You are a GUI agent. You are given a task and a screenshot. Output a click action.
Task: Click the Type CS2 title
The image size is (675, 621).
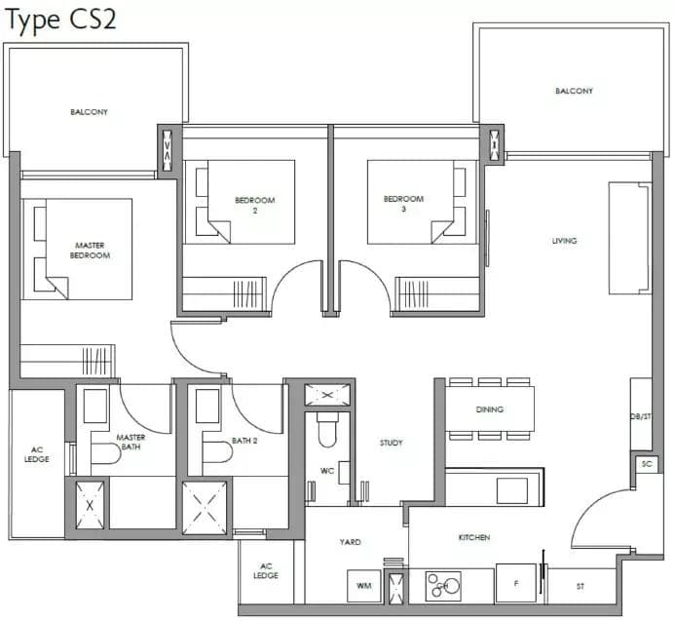[x=60, y=20]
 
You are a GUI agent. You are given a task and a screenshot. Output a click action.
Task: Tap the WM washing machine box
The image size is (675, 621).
[x=364, y=586]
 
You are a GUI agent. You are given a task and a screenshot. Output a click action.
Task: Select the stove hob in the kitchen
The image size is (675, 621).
[x=443, y=586]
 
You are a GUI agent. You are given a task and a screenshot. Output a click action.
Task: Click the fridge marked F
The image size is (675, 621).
[x=516, y=583]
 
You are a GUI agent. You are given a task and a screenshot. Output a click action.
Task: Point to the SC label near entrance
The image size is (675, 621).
[x=647, y=464]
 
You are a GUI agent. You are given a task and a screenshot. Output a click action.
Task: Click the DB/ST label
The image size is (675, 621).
[x=641, y=416]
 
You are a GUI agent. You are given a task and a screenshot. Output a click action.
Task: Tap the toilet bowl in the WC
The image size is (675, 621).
[x=327, y=430]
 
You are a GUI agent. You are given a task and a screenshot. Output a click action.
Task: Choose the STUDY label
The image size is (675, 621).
[x=391, y=443]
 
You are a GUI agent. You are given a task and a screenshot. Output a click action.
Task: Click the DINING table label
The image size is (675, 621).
[x=490, y=409]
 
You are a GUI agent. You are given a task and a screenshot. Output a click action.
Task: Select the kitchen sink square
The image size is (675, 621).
[x=511, y=490]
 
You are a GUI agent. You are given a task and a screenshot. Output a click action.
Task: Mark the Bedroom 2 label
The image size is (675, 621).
[x=255, y=205]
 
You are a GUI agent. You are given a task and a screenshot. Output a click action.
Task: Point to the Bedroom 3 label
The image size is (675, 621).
[x=403, y=204]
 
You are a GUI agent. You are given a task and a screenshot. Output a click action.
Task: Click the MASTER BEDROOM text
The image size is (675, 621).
[x=90, y=251]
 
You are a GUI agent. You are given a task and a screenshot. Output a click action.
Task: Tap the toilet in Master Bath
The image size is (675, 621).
[x=106, y=453]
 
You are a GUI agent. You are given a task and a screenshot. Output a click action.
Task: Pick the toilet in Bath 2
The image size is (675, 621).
[x=217, y=451]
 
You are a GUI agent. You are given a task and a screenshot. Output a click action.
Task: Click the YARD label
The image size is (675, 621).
[x=350, y=542]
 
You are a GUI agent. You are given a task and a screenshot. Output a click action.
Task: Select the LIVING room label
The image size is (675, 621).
[x=564, y=241]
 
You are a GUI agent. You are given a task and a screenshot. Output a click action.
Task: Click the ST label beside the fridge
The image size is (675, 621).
[x=581, y=586]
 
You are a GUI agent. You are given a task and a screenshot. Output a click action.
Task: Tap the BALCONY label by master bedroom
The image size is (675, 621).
[x=89, y=112]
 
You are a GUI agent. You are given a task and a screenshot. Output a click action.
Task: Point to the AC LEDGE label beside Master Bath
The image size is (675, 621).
[x=37, y=454]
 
